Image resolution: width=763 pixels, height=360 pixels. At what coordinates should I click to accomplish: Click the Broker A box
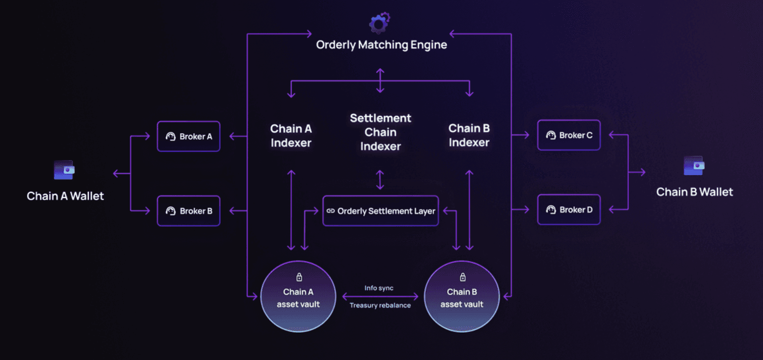tap(189, 136)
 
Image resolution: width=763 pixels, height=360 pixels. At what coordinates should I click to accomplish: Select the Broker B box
tap(189, 211)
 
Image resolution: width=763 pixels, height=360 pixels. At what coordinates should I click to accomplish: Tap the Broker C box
tap(569, 135)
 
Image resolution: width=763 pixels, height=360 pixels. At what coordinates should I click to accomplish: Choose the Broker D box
tap(569, 210)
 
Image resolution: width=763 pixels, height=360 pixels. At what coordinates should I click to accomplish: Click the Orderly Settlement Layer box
tap(381, 211)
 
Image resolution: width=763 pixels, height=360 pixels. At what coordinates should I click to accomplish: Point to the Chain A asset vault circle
tap(298, 297)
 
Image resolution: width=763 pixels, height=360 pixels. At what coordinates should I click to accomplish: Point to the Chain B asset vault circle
tap(462, 297)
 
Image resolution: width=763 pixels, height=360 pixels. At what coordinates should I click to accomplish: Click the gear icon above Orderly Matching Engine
tap(379, 23)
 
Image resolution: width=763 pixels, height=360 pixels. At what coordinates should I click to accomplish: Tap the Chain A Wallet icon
tap(64, 170)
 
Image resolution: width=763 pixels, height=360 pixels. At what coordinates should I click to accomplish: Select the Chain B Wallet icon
tap(694, 166)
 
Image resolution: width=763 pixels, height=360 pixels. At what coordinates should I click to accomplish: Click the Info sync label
tap(379, 288)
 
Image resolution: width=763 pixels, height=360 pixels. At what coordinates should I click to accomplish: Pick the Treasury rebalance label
tap(380, 305)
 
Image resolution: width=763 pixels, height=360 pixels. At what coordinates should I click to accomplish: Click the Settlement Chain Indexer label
tap(381, 132)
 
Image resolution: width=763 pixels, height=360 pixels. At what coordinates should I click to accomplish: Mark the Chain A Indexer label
tap(291, 136)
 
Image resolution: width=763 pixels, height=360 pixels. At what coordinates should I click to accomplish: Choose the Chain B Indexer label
tap(469, 135)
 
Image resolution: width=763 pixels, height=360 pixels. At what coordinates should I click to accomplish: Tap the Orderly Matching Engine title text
tap(381, 45)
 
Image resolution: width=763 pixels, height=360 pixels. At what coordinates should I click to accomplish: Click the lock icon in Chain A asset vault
tap(298, 277)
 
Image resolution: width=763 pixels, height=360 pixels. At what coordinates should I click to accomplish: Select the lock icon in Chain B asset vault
tap(462, 277)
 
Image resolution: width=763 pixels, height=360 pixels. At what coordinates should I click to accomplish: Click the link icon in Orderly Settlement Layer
tap(330, 211)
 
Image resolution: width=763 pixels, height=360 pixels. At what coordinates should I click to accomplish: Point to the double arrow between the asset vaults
tap(380, 297)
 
